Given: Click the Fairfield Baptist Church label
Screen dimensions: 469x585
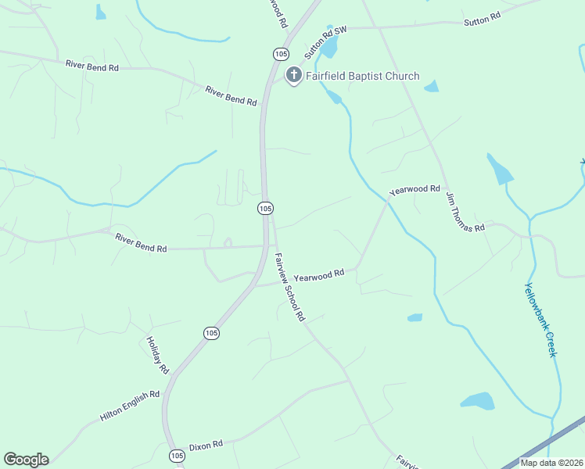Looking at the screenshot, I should (x=362, y=77).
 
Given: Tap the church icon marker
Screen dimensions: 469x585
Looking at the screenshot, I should (x=294, y=76).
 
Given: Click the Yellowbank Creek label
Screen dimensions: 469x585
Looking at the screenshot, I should (x=540, y=319).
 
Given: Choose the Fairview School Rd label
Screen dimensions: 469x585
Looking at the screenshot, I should (x=289, y=287).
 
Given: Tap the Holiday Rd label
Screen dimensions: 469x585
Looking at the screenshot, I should (x=157, y=354).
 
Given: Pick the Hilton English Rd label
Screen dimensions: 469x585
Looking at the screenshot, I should (x=130, y=406).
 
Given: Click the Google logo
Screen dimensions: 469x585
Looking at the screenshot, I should (x=26, y=460).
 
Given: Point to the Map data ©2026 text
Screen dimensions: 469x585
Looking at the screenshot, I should (x=551, y=463).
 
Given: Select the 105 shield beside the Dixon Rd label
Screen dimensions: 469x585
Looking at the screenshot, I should (x=177, y=455).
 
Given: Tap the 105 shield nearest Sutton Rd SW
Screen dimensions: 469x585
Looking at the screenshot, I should (x=281, y=53).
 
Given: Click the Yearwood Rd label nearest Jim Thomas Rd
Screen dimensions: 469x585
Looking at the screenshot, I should (x=415, y=189).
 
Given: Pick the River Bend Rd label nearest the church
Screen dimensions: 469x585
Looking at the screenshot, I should (x=231, y=96).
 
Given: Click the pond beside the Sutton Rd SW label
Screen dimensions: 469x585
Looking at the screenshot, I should (x=329, y=48).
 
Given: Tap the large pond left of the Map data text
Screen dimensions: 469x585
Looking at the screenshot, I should (x=478, y=401).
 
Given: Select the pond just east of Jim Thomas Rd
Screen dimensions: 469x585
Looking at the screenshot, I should (x=499, y=170).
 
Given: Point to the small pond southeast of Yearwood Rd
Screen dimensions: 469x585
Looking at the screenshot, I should (x=415, y=317).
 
